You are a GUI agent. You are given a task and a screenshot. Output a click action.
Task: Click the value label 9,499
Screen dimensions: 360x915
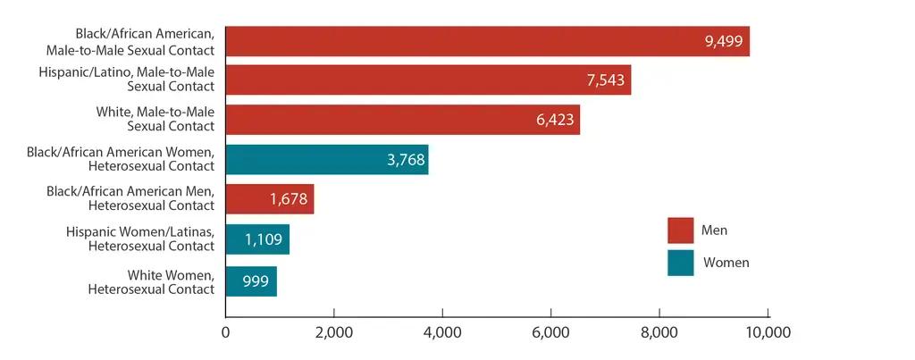725,41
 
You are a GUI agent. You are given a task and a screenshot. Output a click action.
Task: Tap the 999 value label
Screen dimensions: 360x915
251,280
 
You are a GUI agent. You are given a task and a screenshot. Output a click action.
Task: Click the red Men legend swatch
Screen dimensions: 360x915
680,230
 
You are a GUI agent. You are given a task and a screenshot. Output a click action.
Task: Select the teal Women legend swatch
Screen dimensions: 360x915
680,263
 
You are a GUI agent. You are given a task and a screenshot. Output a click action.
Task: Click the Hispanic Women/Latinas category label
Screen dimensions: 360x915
140,239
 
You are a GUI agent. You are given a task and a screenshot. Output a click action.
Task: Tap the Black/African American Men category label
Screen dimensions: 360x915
131,199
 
